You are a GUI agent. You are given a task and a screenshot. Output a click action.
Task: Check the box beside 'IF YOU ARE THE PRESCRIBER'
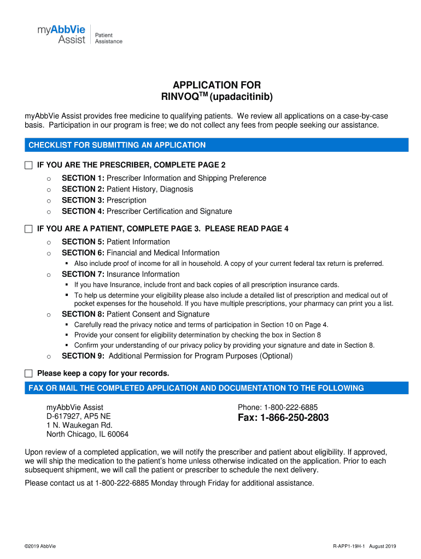[x=29, y=165]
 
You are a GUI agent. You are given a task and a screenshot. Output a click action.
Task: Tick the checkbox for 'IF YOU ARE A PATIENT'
[x=29, y=229]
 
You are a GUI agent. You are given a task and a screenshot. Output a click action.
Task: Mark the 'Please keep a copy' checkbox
[x=29, y=374]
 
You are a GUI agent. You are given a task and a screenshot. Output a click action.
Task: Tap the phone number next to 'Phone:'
[x=291, y=407]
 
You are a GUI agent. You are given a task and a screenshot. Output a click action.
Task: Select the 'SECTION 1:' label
[x=83, y=179]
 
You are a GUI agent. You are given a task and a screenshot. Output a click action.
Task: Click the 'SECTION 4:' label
[x=83, y=211]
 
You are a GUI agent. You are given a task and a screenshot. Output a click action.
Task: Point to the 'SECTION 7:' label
[x=83, y=275]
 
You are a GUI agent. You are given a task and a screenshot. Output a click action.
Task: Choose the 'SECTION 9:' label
[x=83, y=356]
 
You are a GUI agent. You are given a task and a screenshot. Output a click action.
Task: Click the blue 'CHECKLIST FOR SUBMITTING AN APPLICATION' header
[x=117, y=145]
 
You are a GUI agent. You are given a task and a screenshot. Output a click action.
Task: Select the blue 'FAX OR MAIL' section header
[x=196, y=388]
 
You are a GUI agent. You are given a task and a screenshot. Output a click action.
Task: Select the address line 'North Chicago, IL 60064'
[x=87, y=435]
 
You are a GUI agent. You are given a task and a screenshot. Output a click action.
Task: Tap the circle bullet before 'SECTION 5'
[x=49, y=242]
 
